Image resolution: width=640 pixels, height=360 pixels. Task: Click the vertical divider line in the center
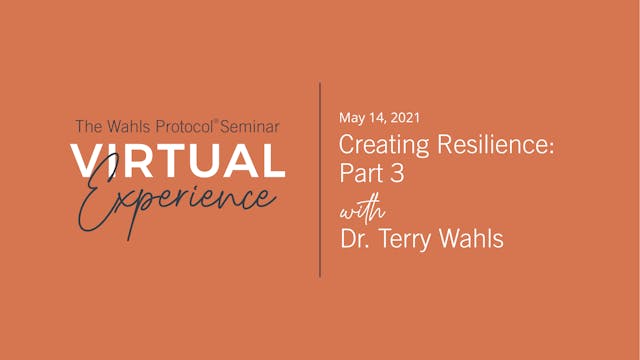pos(320,180)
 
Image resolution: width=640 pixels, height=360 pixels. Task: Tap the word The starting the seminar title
pos(88,127)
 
